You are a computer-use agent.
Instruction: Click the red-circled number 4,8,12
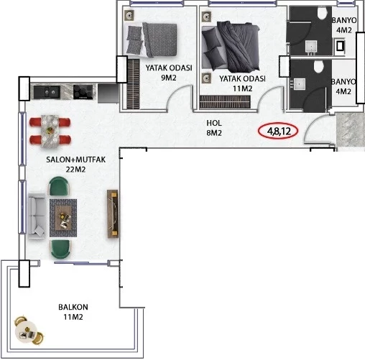pyautogui.click(x=279, y=131)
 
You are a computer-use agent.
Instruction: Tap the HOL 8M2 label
pyautogui.click(x=214, y=128)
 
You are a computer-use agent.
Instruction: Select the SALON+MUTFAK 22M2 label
pyautogui.click(x=75, y=165)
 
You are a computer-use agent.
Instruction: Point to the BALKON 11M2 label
pyautogui.click(x=73, y=312)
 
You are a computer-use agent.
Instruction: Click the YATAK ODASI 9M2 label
pyautogui.click(x=169, y=73)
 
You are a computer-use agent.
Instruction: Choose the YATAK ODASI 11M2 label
pyautogui.click(x=242, y=83)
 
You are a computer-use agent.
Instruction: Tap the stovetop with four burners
pyautogui.click(x=83, y=92)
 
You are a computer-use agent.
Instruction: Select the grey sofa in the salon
pyautogui.click(x=37, y=216)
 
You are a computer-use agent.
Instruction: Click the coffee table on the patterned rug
pyautogui.click(x=63, y=218)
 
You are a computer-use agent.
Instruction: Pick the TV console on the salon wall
pyautogui.click(x=113, y=213)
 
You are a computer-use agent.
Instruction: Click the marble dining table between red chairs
pyautogui.click(x=50, y=131)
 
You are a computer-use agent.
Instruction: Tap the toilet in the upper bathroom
pyautogui.click(x=322, y=13)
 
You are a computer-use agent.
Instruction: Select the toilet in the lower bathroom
pyautogui.click(x=318, y=66)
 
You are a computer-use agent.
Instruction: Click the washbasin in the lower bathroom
pyautogui.click(x=298, y=84)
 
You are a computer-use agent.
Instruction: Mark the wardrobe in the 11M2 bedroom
pyautogui.click(x=225, y=102)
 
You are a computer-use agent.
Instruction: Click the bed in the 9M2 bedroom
pyautogui.click(x=151, y=40)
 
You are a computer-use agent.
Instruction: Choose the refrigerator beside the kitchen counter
pyautogui.click(x=108, y=93)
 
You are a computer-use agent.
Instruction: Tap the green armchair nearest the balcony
pyautogui.click(x=60, y=249)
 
